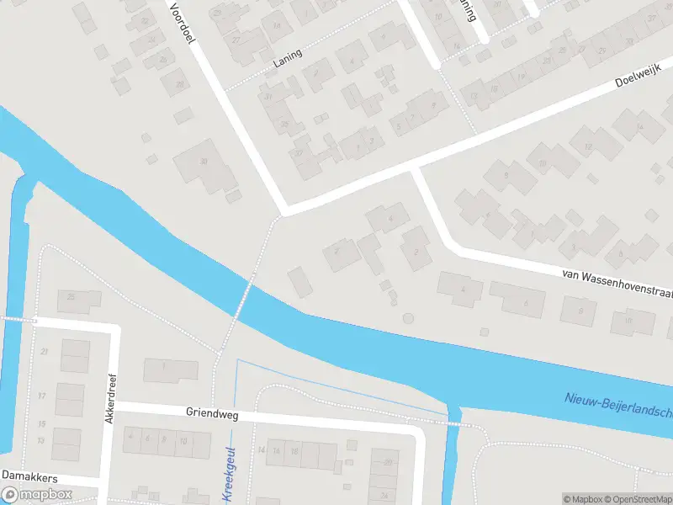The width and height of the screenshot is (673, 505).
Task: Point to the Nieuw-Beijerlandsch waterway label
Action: pos(618,407)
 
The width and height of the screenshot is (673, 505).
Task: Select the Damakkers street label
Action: pos(29,477)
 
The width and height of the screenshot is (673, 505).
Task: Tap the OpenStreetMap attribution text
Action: pos(632,499)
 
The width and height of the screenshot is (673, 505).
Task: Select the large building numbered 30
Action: pos(204,166)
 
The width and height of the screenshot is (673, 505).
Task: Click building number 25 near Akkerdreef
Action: pos(78,299)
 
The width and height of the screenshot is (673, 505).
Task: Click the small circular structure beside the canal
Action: pos(409,318)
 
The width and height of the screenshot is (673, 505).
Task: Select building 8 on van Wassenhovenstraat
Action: pos(579,311)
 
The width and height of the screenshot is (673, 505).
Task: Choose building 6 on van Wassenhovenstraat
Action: pos(518,300)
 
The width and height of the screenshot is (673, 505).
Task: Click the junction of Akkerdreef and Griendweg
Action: pos(111,407)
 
